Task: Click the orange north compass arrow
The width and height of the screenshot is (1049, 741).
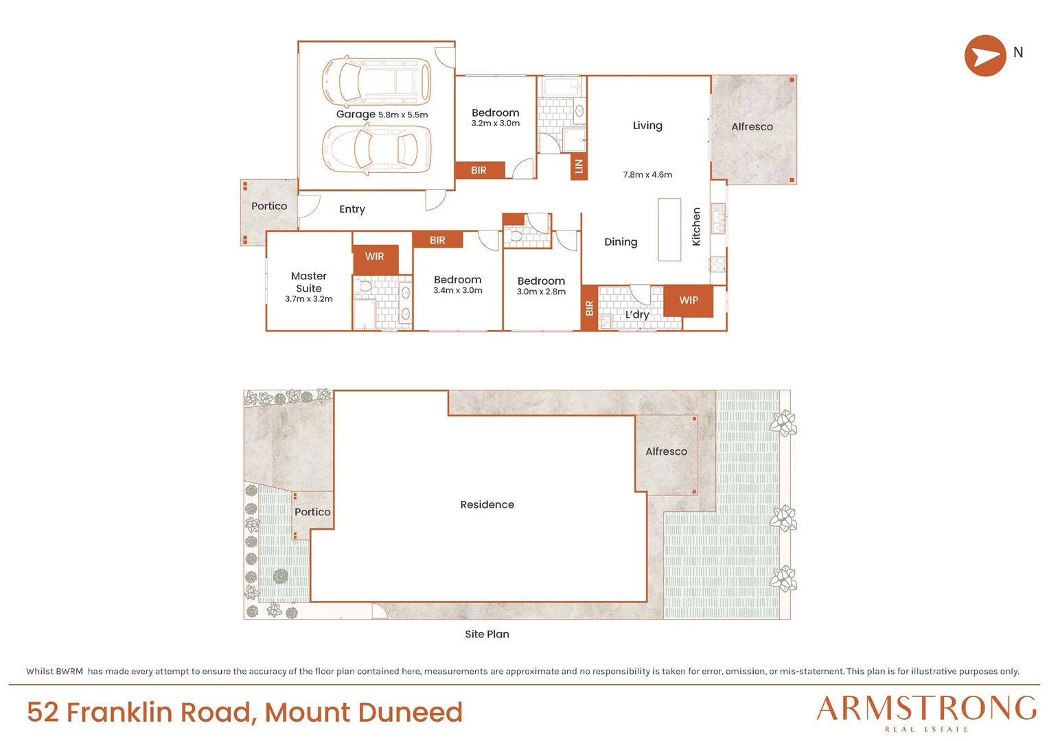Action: tap(985, 56)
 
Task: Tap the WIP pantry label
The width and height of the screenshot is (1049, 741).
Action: tap(689, 300)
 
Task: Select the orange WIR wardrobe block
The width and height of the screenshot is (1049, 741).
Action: tap(375, 260)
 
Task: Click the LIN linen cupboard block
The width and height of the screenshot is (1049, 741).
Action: tap(579, 166)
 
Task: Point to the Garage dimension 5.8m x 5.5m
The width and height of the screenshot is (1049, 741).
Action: tap(403, 115)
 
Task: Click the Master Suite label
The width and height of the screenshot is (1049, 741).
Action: tap(309, 282)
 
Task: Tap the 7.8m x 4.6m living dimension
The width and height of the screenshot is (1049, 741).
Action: tap(647, 174)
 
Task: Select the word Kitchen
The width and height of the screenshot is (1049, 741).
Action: tap(696, 226)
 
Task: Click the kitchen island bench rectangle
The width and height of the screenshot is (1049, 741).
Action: tap(669, 229)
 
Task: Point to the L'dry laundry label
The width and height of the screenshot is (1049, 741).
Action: tap(637, 314)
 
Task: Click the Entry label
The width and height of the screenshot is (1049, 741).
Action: tap(352, 209)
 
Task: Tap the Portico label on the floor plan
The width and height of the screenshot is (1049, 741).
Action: tap(269, 206)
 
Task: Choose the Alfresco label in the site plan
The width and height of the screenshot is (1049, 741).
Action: tap(667, 451)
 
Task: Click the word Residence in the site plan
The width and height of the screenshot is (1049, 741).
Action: tap(487, 504)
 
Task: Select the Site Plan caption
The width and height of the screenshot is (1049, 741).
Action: tap(487, 634)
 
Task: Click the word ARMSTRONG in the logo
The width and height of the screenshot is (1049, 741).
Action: tap(927, 708)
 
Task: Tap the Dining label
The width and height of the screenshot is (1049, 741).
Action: tap(621, 242)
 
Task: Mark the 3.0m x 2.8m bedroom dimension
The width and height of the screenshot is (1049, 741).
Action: tap(542, 292)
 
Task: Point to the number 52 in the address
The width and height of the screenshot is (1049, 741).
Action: tap(43, 712)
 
